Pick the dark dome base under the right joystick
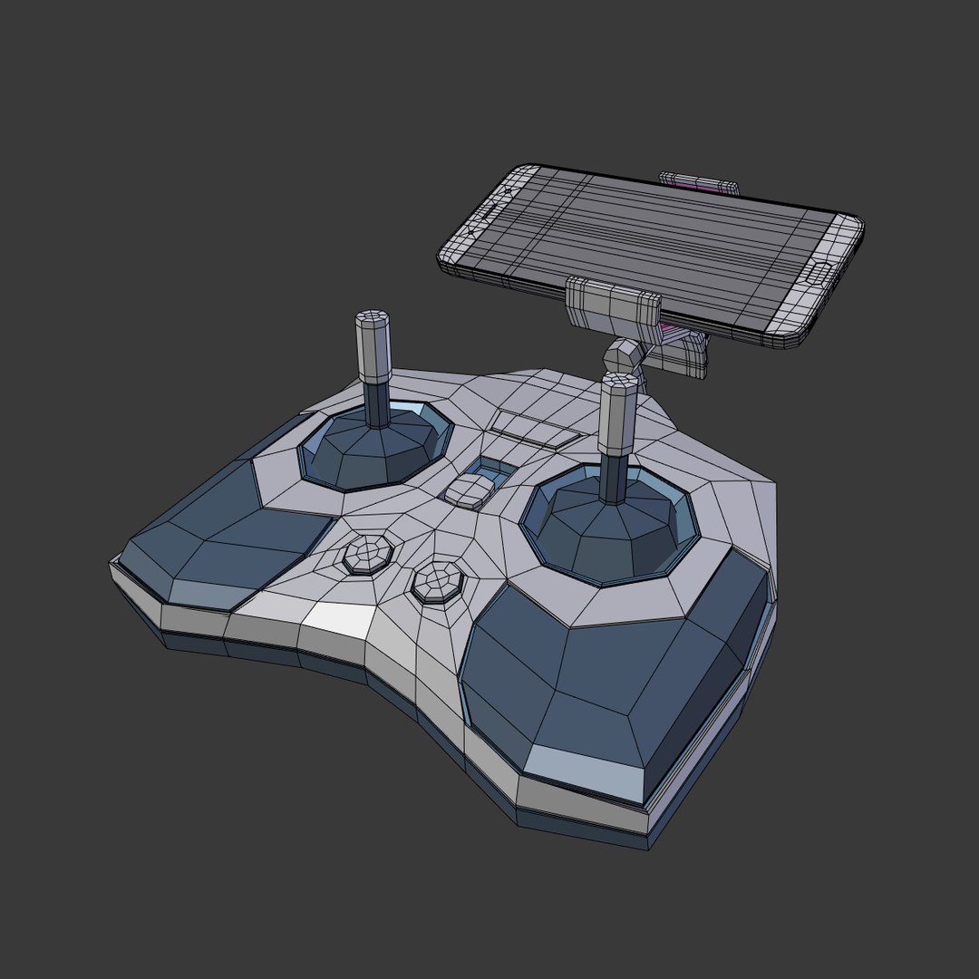(607, 535)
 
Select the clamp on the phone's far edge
(698, 183)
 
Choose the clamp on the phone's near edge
(613, 303)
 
